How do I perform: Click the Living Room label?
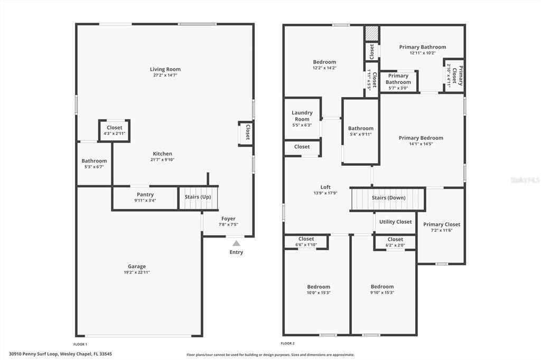tap(165, 69)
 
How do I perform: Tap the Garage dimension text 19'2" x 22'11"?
tap(137, 272)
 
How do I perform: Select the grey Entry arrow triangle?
tap(236, 243)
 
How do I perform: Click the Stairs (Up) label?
tap(198, 197)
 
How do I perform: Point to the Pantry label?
tap(145, 194)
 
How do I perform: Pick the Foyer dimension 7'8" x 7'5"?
tap(228, 224)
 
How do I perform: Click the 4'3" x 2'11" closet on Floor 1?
tap(115, 130)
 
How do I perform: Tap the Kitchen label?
tap(163, 154)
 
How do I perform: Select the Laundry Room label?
tap(302, 116)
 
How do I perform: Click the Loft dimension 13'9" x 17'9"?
tap(325, 193)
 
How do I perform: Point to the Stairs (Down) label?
tap(388, 197)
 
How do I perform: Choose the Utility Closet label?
tap(395, 222)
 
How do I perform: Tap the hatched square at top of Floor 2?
tap(372, 33)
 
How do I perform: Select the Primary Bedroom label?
tap(421, 138)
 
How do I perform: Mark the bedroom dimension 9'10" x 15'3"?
tap(383, 292)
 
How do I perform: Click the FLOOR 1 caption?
tap(80, 344)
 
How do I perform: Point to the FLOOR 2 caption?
tap(288, 343)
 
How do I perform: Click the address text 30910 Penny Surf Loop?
tap(33, 354)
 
